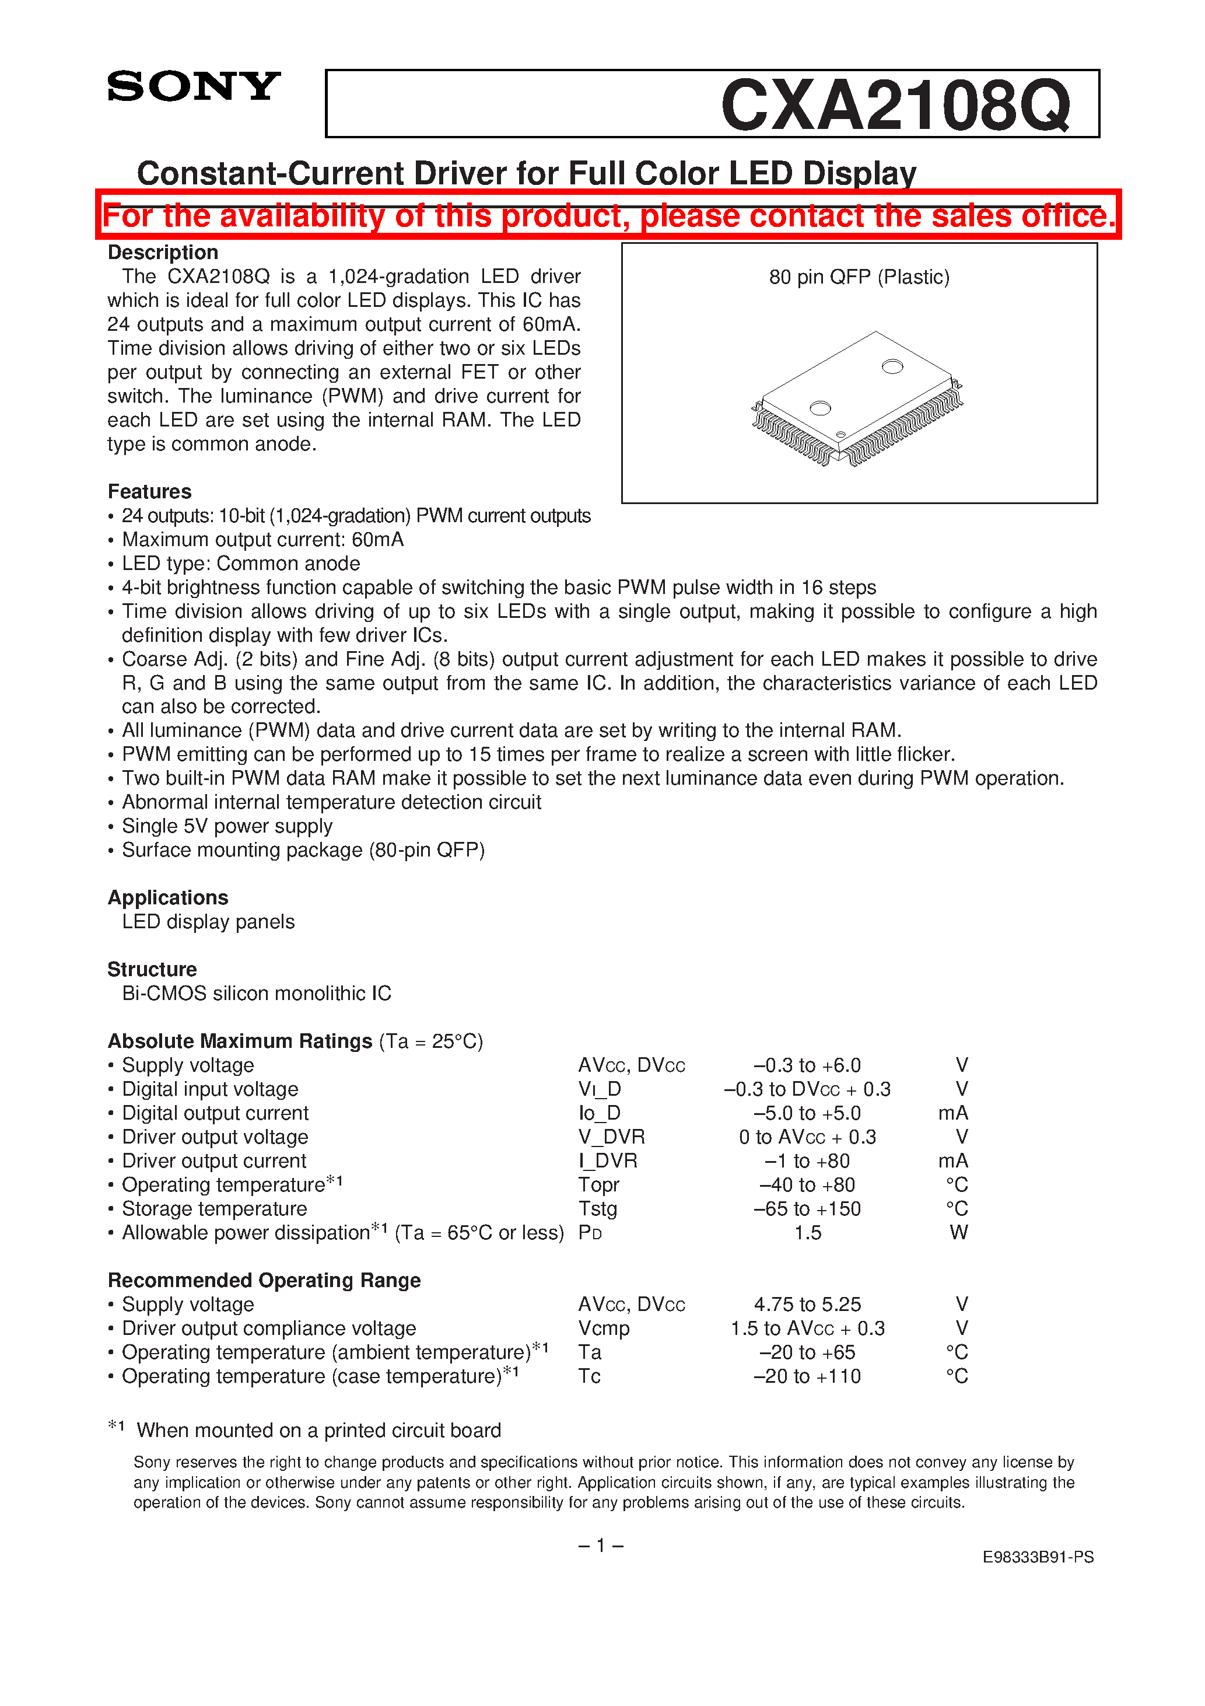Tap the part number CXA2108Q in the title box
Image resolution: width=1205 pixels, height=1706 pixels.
coord(895,106)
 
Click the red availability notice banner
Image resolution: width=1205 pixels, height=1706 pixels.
coord(608,215)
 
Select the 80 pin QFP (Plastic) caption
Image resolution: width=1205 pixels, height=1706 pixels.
coord(859,277)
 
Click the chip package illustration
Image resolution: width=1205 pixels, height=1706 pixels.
coord(857,399)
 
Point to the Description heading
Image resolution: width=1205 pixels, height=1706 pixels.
coord(163,253)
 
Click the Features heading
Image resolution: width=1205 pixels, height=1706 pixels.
coord(149,491)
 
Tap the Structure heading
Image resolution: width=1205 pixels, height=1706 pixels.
coord(152,969)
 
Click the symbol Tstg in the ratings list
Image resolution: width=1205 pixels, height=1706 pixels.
coord(597,1209)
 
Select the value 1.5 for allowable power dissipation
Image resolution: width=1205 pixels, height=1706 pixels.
coord(808,1233)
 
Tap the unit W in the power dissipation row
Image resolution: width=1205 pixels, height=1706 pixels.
coord(958,1233)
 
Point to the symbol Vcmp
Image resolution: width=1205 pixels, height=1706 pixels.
coord(603,1328)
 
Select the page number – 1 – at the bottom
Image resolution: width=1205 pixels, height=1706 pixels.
coord(600,1546)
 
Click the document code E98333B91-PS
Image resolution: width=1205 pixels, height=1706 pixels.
coord(1037,1557)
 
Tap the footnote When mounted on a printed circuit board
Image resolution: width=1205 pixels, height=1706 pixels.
coord(318,1431)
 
